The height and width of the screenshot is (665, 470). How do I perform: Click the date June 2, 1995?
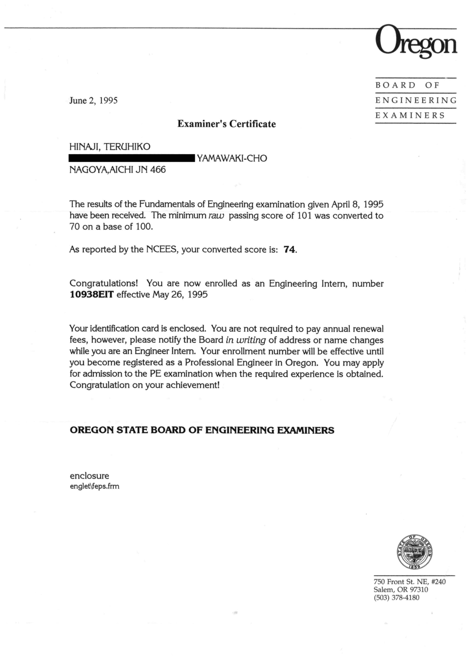[x=93, y=100]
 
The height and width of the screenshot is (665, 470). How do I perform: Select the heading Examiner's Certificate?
[x=226, y=124]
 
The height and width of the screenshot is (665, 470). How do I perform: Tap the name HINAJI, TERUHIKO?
[x=110, y=147]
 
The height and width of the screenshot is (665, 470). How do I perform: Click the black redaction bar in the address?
[x=132, y=158]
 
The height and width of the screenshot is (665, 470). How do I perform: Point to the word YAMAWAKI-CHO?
[x=232, y=158]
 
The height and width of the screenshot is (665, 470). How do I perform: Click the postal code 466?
[x=158, y=170]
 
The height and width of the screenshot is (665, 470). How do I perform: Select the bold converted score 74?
[x=290, y=249]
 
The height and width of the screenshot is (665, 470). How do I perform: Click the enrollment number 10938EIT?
[x=91, y=295]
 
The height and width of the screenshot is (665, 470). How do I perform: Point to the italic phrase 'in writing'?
[x=245, y=340]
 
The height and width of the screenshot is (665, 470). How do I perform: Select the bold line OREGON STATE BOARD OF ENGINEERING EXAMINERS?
[x=202, y=430]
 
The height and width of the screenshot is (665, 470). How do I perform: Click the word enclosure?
[x=89, y=476]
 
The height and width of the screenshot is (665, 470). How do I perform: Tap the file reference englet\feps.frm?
[x=94, y=486]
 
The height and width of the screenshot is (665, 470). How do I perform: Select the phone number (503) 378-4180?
[x=396, y=598]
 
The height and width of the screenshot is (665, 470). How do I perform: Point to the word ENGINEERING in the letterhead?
[x=416, y=100]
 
